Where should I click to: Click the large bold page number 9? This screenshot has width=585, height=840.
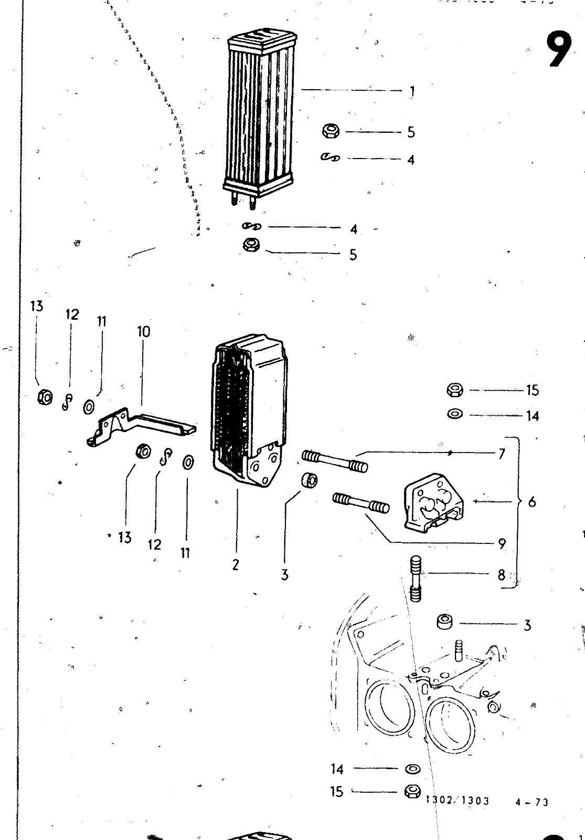pyautogui.click(x=559, y=49)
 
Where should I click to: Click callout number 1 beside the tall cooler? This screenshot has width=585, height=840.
pyautogui.click(x=412, y=91)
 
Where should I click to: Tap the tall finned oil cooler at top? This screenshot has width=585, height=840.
pyautogui.click(x=259, y=118)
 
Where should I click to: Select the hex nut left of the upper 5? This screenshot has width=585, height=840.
pyautogui.click(x=331, y=131)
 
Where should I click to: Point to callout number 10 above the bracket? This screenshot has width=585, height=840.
pyautogui.click(x=143, y=331)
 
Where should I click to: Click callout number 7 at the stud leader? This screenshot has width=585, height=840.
pyautogui.click(x=502, y=454)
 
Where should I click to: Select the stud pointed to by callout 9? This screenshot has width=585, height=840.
pyautogui.click(x=361, y=502)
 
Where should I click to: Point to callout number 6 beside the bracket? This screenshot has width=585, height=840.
pyautogui.click(x=532, y=502)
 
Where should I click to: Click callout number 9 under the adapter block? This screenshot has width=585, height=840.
pyautogui.click(x=502, y=544)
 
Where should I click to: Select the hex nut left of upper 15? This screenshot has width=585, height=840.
pyautogui.click(x=454, y=390)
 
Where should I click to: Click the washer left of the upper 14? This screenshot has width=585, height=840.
pyautogui.click(x=454, y=414)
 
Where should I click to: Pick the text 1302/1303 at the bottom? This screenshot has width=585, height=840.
pyautogui.click(x=458, y=801)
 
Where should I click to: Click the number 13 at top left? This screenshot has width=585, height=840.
pyautogui.click(x=37, y=306)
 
